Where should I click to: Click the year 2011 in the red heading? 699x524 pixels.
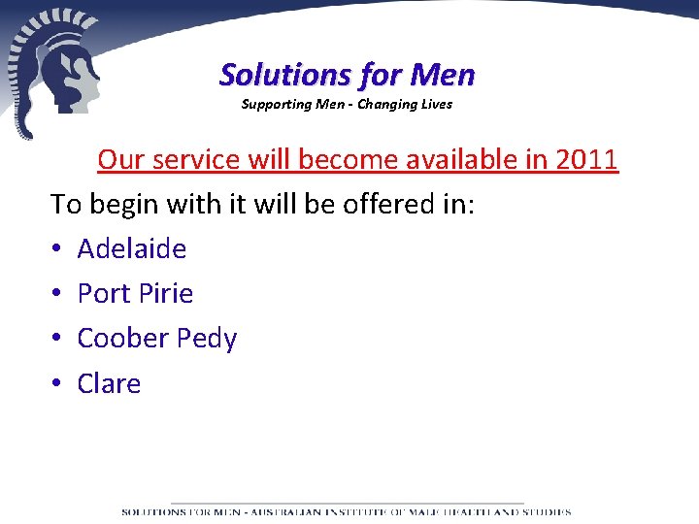[x=585, y=159]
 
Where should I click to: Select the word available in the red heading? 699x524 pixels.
[x=452, y=159]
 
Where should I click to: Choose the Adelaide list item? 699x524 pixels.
[x=131, y=249]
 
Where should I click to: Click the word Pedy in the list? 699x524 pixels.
[x=205, y=340]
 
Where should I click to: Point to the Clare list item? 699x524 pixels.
[x=109, y=383]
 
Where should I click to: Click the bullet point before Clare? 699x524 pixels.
[x=56, y=384]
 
